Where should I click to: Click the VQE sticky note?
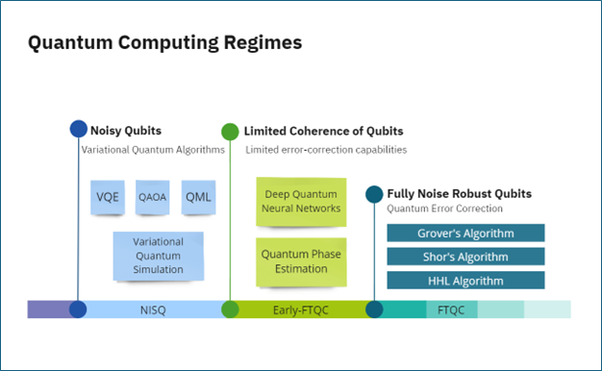[x=108, y=197]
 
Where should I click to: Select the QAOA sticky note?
[x=152, y=197]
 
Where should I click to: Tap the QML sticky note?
[x=198, y=197]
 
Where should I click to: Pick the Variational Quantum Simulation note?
[x=158, y=256]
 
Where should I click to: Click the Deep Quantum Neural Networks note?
[x=301, y=202]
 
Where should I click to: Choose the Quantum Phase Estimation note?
[x=301, y=262]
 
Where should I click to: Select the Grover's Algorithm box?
[x=465, y=233]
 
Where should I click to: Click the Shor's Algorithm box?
[x=465, y=257]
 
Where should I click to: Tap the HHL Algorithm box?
[x=465, y=281]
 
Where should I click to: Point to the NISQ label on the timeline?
[x=153, y=310]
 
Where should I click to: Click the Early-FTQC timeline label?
[x=301, y=310]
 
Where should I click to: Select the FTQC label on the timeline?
[x=451, y=310]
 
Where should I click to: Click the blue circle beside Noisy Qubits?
[x=79, y=129]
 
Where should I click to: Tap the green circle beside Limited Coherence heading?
[x=230, y=132]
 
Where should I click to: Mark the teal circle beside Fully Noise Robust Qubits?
[x=374, y=194]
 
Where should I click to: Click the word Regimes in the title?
[x=263, y=42]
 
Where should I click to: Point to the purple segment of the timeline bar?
[x=49, y=309]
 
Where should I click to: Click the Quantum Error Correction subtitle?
[x=444, y=209]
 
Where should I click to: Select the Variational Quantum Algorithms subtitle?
[x=153, y=150]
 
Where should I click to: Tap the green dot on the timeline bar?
[x=230, y=309]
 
